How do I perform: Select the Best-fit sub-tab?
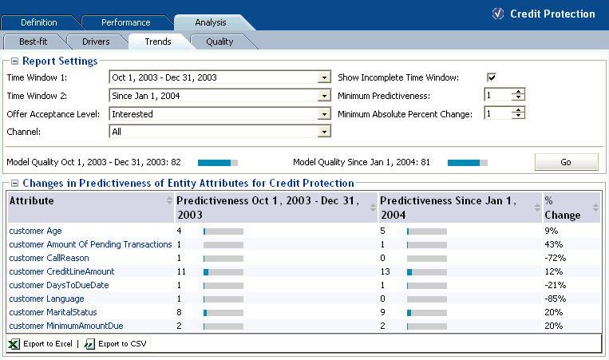34,42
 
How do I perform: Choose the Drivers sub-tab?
95,42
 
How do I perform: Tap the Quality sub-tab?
219,42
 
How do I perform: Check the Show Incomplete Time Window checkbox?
492,77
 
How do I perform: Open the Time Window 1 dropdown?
219,77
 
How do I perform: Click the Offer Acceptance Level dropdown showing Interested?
219,113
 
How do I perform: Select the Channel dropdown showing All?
219,132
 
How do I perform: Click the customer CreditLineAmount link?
61,271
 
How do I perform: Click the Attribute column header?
32,200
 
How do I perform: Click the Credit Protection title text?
552,14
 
